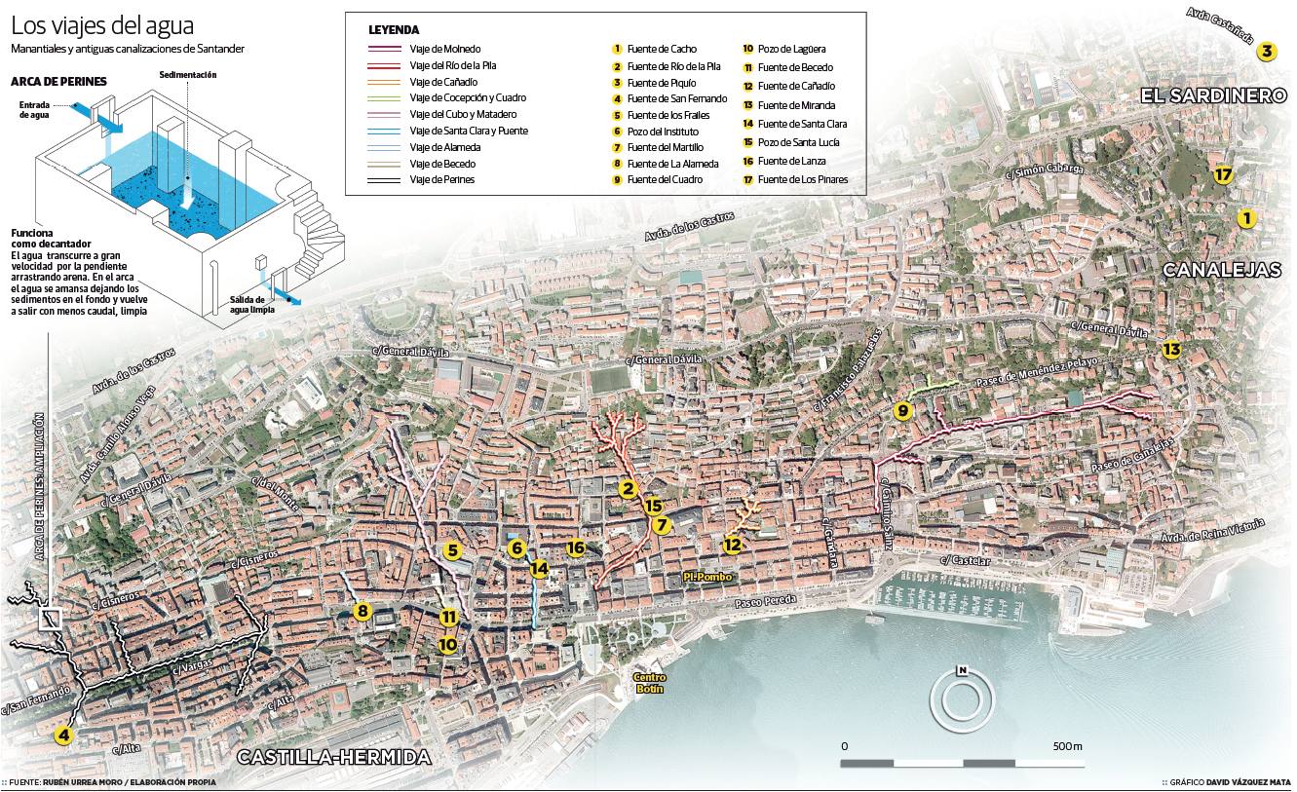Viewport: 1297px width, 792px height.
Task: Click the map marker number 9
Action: point(903,411)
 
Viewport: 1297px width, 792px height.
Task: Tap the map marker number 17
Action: point(1225,175)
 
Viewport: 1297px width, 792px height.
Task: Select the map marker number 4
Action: point(64,735)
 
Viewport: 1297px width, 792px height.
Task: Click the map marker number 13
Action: point(1171,350)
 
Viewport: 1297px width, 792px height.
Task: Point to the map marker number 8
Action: point(362,612)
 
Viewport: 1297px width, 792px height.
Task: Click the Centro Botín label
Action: point(649,683)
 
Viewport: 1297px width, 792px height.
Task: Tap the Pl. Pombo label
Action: point(706,578)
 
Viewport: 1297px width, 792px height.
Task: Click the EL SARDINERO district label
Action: point(1214,95)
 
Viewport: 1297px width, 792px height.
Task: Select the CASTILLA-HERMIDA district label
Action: point(333,758)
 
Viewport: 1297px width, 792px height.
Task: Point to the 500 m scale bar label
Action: point(1067,745)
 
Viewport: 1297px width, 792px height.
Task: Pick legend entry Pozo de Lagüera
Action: point(791,48)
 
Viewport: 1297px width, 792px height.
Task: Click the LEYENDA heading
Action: point(394,29)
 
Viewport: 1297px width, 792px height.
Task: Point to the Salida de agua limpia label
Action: point(251,304)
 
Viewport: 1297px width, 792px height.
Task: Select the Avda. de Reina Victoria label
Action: point(1213,531)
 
